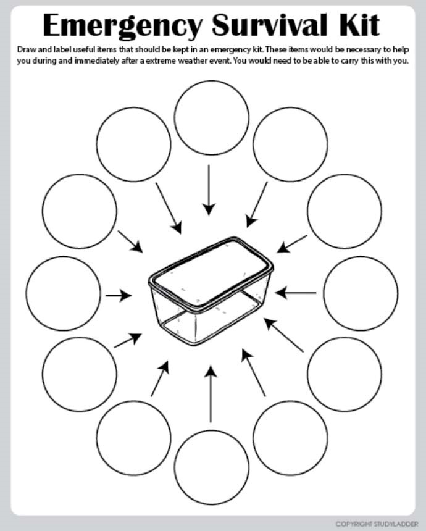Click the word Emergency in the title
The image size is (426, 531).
click(x=122, y=26)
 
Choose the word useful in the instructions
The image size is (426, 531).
click(x=85, y=49)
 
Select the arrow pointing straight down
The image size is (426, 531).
click(x=209, y=190)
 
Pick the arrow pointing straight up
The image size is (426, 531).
click(x=211, y=394)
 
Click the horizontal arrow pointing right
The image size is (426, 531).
click(x=119, y=295)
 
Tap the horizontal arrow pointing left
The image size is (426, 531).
click(x=295, y=293)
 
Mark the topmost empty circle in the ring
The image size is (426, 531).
click(x=212, y=81)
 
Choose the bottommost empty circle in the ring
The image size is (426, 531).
click(x=212, y=505)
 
